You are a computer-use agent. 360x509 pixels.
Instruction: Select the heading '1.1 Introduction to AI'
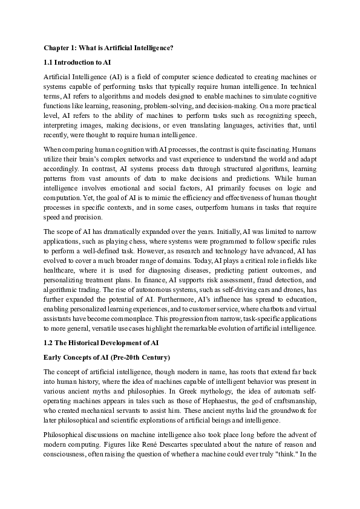coord(77,62)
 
